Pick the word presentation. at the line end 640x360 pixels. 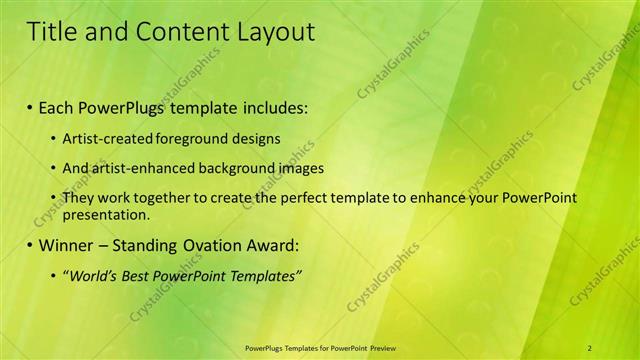point(105,214)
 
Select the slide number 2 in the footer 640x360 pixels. point(590,347)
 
